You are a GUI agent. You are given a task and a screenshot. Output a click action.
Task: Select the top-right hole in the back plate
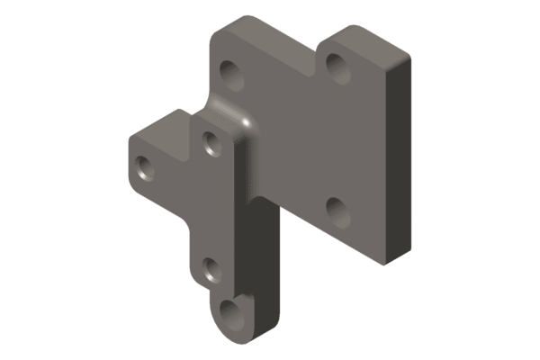(x=337, y=65)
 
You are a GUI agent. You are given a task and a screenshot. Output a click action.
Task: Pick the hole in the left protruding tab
(x=144, y=167)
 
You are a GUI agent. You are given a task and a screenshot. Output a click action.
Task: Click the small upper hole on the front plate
(x=212, y=142)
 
